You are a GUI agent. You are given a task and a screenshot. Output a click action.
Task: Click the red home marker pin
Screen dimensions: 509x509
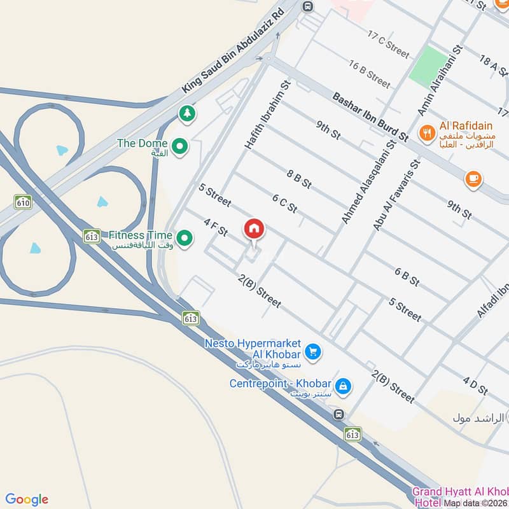254,229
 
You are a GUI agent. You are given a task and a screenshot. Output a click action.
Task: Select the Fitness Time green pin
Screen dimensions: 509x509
185,239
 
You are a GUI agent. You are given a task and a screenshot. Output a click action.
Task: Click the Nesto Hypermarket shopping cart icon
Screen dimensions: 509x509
312,351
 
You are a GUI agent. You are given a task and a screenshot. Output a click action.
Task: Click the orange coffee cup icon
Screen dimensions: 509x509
473,179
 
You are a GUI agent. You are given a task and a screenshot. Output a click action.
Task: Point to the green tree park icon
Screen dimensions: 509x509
186,114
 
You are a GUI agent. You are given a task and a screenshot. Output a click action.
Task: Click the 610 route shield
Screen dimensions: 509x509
24,202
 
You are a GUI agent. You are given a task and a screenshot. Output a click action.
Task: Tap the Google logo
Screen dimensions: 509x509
27,499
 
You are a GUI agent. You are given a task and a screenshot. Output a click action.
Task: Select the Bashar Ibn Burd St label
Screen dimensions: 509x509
370,117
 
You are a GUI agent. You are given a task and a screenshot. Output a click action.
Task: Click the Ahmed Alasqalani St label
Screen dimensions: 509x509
368,181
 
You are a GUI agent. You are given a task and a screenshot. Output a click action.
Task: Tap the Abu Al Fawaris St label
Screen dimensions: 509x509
398,195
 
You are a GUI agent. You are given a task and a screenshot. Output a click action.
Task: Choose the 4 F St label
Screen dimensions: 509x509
215,227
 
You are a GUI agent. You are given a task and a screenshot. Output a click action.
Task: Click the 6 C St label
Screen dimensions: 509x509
284,204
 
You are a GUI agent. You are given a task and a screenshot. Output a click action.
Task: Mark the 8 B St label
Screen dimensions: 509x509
299,179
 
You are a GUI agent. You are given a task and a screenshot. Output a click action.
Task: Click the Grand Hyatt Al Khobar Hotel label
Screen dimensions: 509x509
460,496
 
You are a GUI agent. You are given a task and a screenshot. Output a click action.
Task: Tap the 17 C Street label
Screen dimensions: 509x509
387,43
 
